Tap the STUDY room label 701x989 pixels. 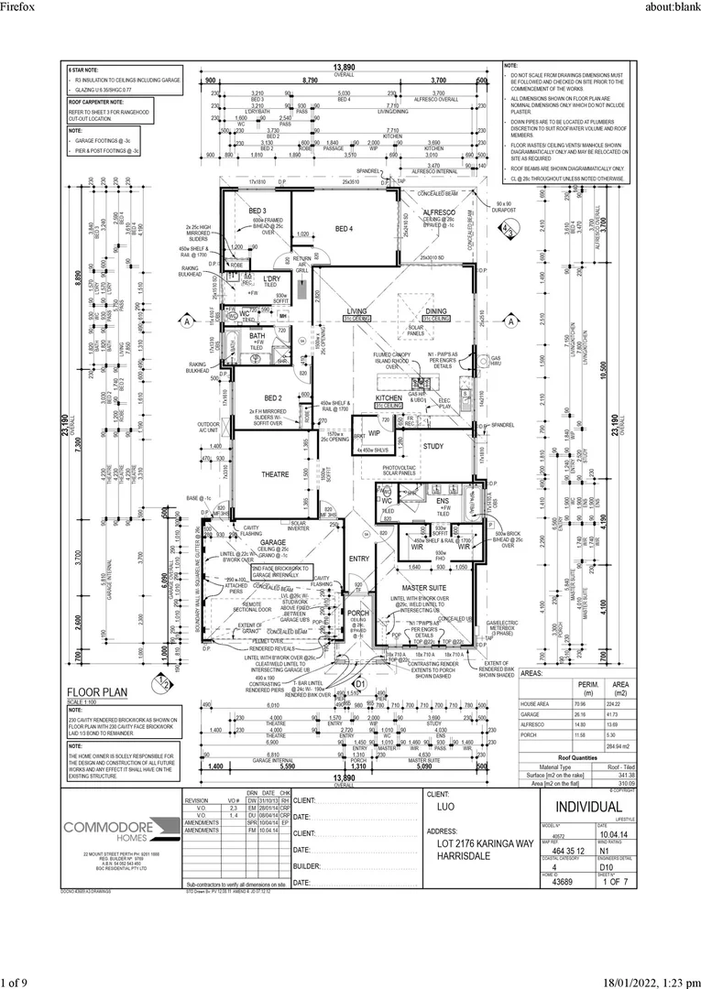(x=433, y=446)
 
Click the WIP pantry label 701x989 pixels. (x=374, y=433)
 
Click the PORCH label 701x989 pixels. (x=357, y=613)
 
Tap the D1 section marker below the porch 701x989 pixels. (x=360, y=683)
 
